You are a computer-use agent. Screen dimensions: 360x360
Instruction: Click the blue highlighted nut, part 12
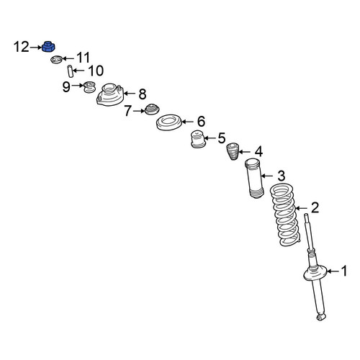[x=48, y=46]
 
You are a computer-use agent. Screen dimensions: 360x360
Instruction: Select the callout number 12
[x=21, y=47]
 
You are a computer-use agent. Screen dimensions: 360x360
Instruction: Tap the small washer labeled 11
[x=57, y=60]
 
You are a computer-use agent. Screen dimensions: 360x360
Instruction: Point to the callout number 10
[x=96, y=71]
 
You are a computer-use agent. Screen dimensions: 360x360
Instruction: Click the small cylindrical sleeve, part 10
[x=70, y=71]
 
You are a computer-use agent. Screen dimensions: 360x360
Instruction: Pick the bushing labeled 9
[x=89, y=87]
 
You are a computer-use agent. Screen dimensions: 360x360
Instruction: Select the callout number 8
[x=143, y=94]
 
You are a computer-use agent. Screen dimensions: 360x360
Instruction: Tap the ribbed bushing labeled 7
[x=152, y=109]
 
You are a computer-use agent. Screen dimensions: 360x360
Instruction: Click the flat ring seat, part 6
[x=169, y=122]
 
